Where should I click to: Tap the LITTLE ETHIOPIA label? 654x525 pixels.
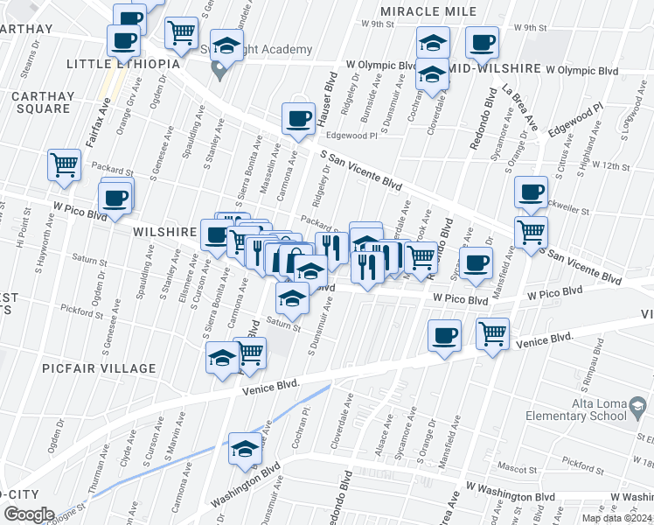pos(123,64)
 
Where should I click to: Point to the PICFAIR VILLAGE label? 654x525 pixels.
pos(99,368)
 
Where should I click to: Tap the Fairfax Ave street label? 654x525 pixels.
pos(106,112)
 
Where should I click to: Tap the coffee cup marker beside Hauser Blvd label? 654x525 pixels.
pos(298,119)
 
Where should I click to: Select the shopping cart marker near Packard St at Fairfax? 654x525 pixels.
pos(64,166)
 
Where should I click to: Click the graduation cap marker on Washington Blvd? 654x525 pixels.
pos(245,449)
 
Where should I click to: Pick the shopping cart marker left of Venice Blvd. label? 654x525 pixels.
pos(493,333)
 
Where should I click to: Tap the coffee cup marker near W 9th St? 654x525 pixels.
pos(482,42)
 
